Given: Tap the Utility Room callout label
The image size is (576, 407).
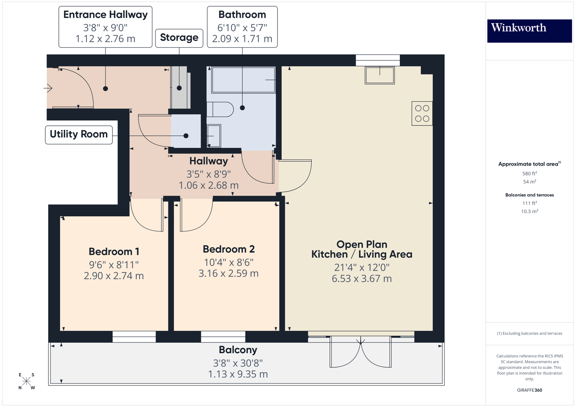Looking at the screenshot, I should [x=79, y=134].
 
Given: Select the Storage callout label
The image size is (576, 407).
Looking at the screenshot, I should [x=179, y=38].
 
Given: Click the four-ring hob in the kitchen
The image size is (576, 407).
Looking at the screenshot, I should [x=422, y=113].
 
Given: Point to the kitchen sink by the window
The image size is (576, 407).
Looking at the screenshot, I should [x=380, y=75].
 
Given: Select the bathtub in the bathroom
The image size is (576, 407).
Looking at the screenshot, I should [x=243, y=80].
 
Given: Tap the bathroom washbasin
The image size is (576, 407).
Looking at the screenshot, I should [x=214, y=135].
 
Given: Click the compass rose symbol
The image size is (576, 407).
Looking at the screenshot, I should [x=26, y=381].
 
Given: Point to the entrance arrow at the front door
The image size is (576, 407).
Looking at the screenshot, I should [x=48, y=88].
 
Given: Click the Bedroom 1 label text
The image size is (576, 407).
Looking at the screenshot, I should [x=114, y=252].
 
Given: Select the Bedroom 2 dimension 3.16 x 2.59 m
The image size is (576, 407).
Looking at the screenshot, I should [x=229, y=273].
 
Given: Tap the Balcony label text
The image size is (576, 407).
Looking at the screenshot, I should [x=238, y=350].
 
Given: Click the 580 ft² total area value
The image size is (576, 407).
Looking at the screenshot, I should [x=529, y=173].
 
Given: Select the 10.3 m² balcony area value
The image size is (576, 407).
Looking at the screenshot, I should [x=529, y=211].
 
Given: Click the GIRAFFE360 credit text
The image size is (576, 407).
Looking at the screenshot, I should [x=529, y=390].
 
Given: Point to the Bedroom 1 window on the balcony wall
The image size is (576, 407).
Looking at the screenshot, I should [x=134, y=337].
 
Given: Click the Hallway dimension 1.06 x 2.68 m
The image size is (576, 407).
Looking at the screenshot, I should [x=208, y=185].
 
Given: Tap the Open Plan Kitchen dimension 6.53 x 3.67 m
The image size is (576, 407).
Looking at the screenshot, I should [x=361, y=279].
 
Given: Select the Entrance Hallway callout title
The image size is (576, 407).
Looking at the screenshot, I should [x=105, y=15].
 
